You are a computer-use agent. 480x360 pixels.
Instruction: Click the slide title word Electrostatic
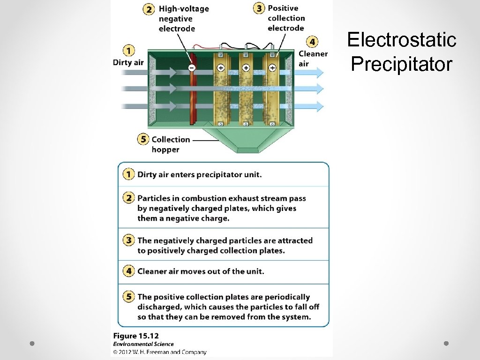coord(402,40)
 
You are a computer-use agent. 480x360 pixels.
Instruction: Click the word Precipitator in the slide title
coord(402,64)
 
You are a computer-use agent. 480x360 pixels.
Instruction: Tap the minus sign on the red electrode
coord(192,68)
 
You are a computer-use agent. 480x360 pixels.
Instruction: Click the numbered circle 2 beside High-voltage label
coord(149,9)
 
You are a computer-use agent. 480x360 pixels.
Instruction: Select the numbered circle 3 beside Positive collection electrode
coord(258,8)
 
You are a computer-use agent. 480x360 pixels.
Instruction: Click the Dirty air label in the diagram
coord(128,62)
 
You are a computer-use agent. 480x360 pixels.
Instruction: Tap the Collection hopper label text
coord(171,144)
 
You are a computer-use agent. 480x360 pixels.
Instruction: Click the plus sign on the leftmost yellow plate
coord(221,68)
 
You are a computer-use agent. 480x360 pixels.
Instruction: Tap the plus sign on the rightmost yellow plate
coord(272,68)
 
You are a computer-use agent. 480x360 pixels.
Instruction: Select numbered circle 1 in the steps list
coord(128,174)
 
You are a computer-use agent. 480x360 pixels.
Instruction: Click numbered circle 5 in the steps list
coord(128,297)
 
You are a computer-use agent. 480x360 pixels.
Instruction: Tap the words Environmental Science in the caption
coord(143,344)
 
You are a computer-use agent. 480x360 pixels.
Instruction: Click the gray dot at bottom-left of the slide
coord(32,344)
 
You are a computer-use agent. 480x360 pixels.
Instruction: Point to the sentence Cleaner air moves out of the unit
coord(201,271)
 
